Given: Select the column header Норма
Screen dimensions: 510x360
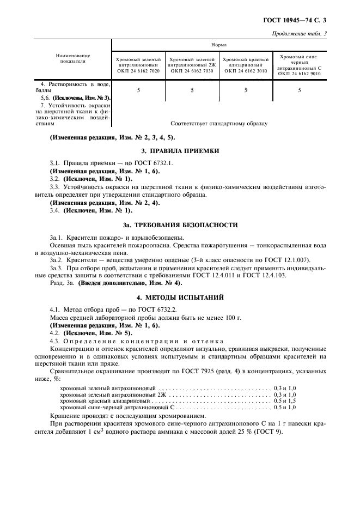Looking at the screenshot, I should (219, 46).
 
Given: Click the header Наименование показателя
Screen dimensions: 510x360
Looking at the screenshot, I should (73, 58).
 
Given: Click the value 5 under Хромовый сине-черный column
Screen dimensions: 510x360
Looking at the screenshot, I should (300, 90).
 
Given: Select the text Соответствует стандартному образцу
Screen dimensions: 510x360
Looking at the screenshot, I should (219, 124).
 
